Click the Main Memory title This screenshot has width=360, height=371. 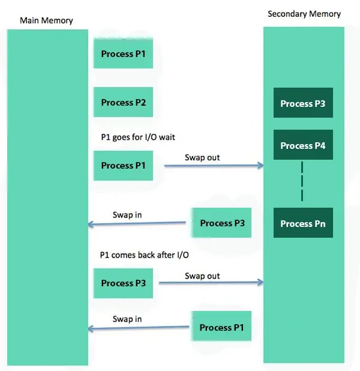click(46, 20)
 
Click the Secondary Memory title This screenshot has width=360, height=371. click(304, 14)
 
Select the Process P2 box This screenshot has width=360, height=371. click(123, 102)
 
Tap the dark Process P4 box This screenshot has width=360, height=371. click(303, 145)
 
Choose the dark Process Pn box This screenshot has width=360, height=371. click(303, 223)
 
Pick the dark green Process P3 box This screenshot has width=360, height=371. click(303, 103)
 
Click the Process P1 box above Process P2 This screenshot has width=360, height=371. click(123, 53)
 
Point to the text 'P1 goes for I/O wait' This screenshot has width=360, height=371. click(138, 137)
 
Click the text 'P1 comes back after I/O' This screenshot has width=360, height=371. click(144, 255)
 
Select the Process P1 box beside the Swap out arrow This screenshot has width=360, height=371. click(123, 166)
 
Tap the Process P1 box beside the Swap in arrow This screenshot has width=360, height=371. click(221, 326)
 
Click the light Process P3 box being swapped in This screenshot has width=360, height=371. click(221, 223)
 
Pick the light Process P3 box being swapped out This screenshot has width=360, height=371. click(123, 283)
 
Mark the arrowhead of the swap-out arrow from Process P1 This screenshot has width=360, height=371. click(262, 165)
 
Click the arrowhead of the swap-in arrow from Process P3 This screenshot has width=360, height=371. click(89, 224)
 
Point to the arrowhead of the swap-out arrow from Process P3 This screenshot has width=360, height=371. click(262, 282)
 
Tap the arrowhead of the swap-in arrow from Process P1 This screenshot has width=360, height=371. click(89, 328)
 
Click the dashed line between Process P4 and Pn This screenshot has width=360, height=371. click(302, 181)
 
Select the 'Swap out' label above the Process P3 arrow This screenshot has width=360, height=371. click(202, 276)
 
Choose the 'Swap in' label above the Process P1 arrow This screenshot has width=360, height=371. click(127, 319)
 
